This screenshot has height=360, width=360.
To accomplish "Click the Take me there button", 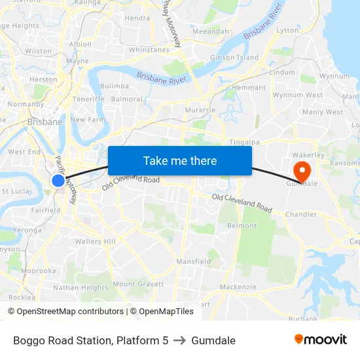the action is (179, 160).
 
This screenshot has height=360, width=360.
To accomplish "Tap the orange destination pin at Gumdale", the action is (302, 171).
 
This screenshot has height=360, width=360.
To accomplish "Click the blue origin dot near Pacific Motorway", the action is (58, 181).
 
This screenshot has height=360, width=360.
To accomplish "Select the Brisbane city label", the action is (45, 122).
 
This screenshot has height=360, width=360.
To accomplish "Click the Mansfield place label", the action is (193, 261).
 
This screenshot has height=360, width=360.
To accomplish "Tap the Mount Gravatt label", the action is (138, 284).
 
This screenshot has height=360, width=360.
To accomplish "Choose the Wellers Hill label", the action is (96, 242).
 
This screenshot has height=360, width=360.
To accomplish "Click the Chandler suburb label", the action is (301, 214).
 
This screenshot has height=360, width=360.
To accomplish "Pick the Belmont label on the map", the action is (242, 226).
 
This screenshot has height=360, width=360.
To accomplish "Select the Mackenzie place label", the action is (238, 287).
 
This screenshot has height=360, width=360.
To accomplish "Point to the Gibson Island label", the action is (234, 58).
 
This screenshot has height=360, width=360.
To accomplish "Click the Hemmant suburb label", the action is (249, 88).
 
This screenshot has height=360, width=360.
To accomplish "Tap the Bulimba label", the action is (115, 86).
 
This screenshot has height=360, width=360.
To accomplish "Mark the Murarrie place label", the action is (200, 110).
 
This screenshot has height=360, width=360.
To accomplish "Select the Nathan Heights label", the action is (81, 287).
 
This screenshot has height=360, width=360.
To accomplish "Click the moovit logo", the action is (320, 340).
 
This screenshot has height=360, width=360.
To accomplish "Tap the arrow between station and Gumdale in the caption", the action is (179, 340).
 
